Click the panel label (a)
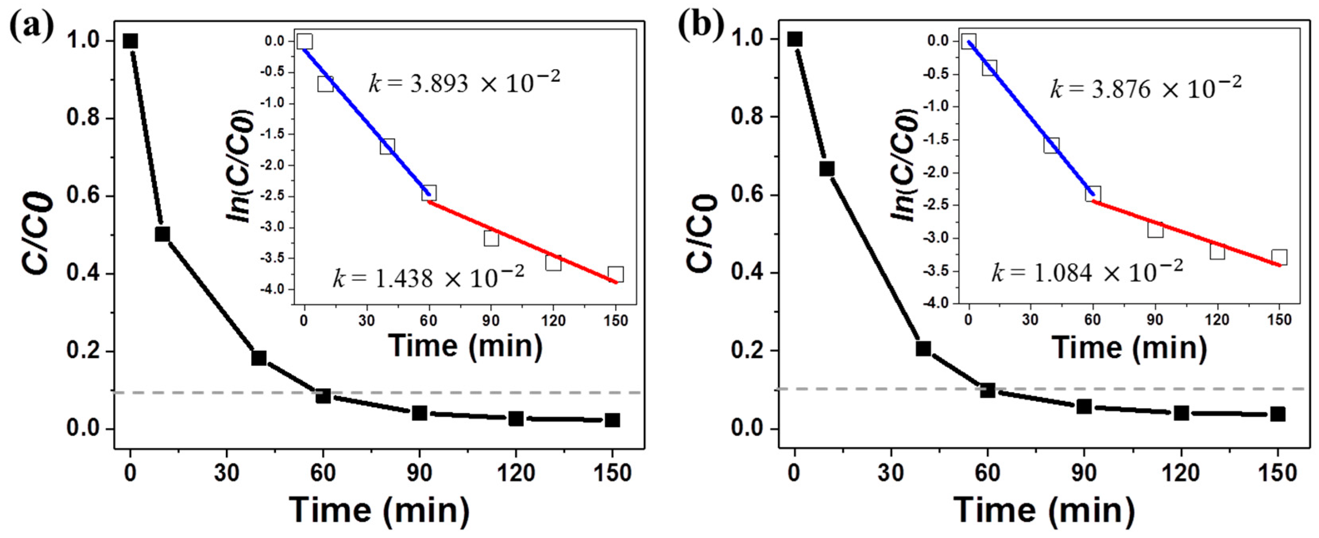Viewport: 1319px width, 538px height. [32, 27]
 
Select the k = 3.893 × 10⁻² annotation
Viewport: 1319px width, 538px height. [464, 82]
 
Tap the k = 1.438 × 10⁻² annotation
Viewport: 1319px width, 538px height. [428, 278]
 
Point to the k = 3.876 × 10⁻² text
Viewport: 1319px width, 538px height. [1146, 88]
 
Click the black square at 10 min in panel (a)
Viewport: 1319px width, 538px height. [162, 234]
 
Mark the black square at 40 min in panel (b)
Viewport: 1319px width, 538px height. [923, 349]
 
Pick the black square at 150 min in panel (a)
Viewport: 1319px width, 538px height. [612, 420]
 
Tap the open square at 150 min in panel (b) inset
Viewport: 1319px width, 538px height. [1279, 257]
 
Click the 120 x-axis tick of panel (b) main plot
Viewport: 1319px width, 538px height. [1181, 472]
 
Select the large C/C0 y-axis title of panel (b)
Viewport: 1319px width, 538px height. [700, 233]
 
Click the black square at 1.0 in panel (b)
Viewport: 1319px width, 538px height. [794, 39]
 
